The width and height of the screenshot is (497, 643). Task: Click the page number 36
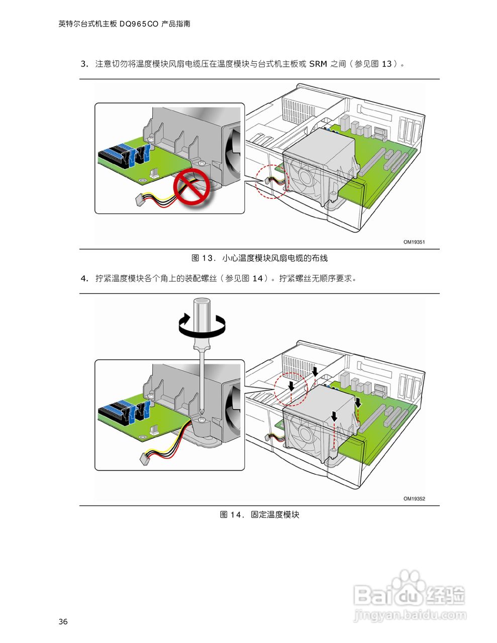(63, 621)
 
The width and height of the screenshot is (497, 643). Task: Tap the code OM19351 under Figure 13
(414, 242)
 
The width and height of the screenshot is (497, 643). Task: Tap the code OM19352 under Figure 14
(414, 499)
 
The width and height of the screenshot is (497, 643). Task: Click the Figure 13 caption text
(259, 258)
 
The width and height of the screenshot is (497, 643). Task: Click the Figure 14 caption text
(259, 515)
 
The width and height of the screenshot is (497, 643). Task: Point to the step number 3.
(84, 64)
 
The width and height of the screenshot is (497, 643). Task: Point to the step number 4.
(84, 279)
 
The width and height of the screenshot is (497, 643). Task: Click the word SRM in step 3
(318, 64)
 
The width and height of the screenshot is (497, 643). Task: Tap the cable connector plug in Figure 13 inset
(141, 201)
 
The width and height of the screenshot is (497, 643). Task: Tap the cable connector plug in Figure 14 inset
(144, 458)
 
